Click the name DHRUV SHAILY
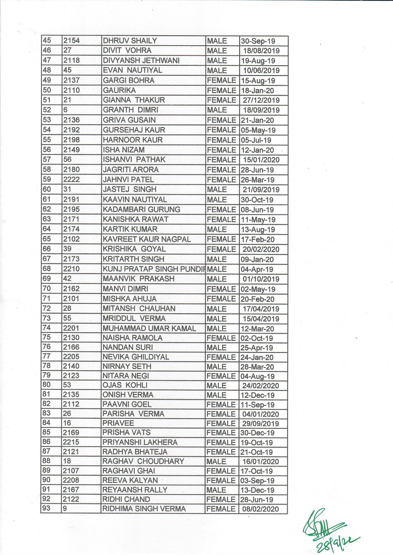coord(130,41)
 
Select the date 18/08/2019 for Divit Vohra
coord(261,51)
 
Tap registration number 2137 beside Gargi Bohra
coord(71,80)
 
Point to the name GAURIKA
coord(119,90)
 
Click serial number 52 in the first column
coord(47,110)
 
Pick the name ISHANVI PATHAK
coord(134,160)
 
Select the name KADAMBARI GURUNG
coord(141,209)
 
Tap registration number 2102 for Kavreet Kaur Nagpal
coord(71,239)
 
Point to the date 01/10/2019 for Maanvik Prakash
coord(261,279)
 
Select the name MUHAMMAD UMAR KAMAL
coord(149,329)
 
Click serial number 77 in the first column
coord(47,356)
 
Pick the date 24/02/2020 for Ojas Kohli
coord(260,386)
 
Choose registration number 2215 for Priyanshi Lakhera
coord(71,442)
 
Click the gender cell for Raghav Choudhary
coord(216,461)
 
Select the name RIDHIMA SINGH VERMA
coord(144,509)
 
